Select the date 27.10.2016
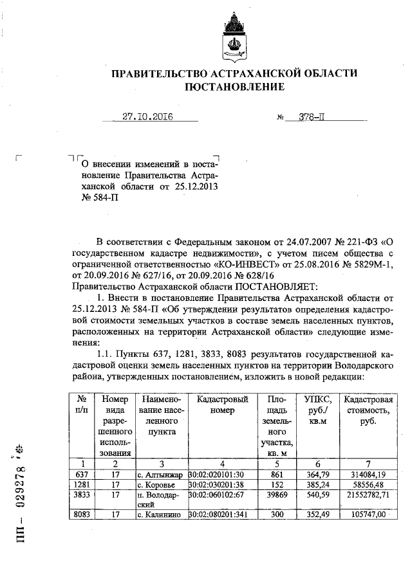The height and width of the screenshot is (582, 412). click(x=150, y=117)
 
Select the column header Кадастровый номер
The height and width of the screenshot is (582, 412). click(x=222, y=405)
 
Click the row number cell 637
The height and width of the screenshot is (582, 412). click(x=82, y=473)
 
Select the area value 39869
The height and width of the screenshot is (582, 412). click(x=276, y=496)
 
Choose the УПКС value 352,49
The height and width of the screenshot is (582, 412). click(x=316, y=514)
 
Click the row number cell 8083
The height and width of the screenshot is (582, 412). click(x=82, y=514)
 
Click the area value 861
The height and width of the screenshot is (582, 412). click(x=276, y=473)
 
